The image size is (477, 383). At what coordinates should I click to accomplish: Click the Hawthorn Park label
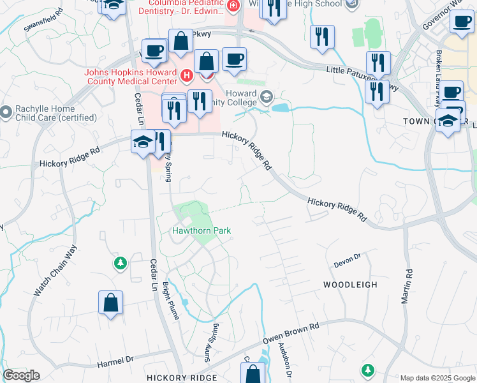[x=201, y=230]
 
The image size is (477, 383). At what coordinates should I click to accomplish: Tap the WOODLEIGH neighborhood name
[x=350, y=284]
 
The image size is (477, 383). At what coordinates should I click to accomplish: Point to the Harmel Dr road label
[x=114, y=363]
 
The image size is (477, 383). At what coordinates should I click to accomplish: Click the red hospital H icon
[x=186, y=76]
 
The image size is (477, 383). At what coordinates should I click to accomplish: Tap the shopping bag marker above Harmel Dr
[x=110, y=303]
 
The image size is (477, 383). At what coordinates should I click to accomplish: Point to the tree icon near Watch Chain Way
[x=119, y=262]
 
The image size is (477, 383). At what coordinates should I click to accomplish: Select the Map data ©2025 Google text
[x=437, y=378]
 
